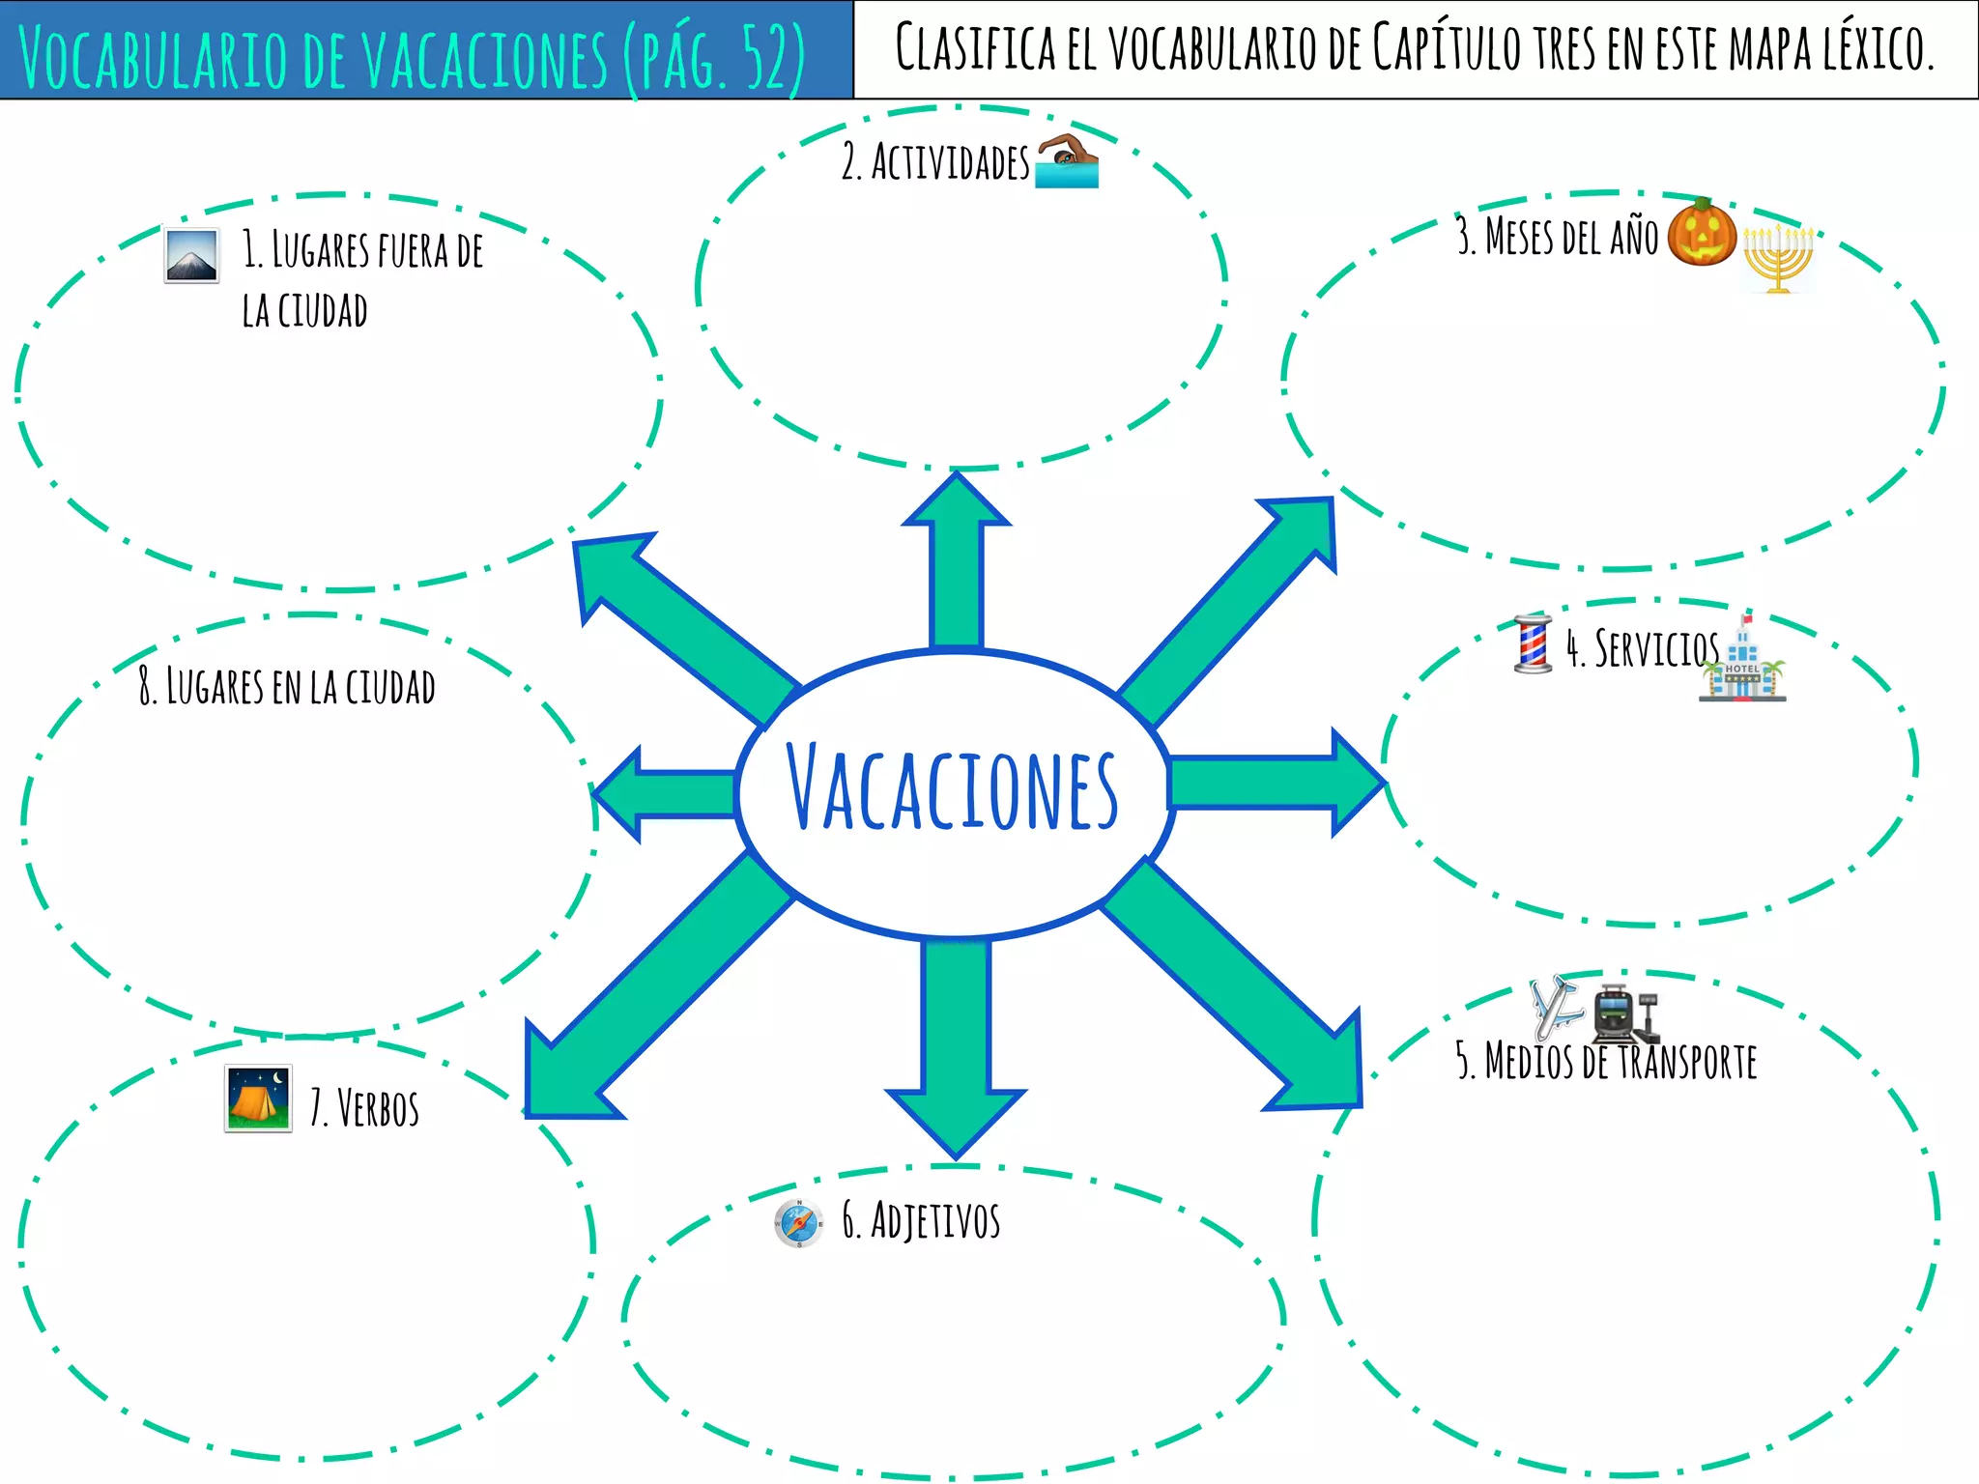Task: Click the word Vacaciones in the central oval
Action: click(x=953, y=788)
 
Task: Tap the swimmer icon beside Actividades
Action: click(x=1067, y=160)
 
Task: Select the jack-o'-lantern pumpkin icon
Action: click(x=1702, y=233)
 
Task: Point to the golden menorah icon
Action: click(x=1778, y=258)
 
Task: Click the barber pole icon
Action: click(x=1533, y=643)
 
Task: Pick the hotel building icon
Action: click(x=1743, y=663)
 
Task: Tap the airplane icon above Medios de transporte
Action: click(x=1555, y=1007)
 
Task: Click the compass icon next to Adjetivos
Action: click(x=798, y=1223)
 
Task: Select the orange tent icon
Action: click(x=257, y=1099)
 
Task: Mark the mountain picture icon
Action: click(x=191, y=255)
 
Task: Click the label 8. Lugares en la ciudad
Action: click(x=287, y=686)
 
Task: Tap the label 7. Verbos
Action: click(x=364, y=1108)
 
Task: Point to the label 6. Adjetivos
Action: click(x=921, y=1219)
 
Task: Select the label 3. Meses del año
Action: click(x=1557, y=237)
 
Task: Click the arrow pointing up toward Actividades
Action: click(x=957, y=560)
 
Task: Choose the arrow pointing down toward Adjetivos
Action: click(x=957, y=1043)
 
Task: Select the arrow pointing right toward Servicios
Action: click(x=1276, y=783)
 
